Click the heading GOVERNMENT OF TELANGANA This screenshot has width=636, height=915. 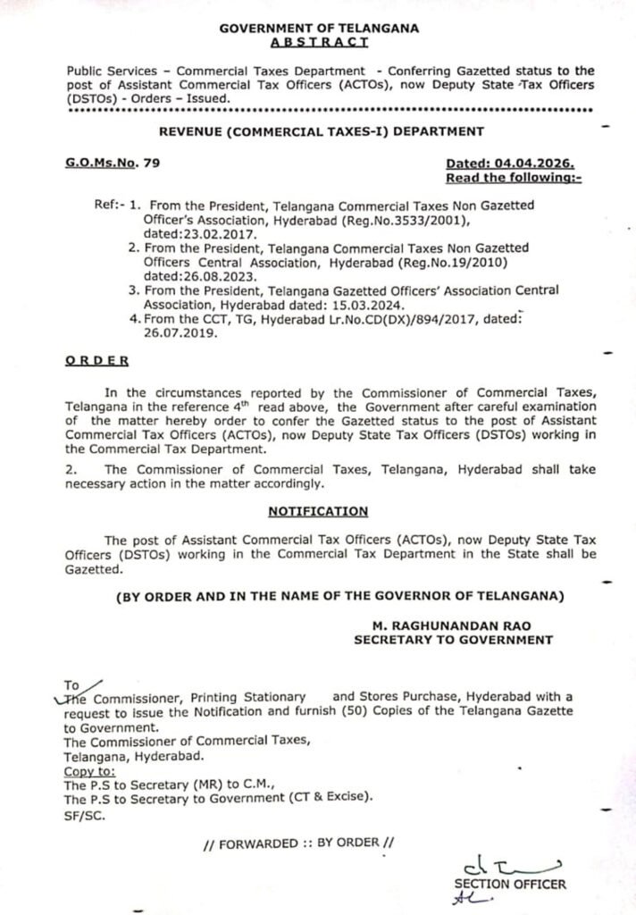pos(319,29)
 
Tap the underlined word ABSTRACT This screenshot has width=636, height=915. pos(319,42)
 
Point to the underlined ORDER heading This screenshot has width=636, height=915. pos(96,359)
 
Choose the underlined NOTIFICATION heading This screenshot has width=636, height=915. pos(318,511)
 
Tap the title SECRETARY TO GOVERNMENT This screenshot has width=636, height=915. pos(453,639)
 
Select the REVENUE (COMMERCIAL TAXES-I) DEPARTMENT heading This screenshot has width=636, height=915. pos(321,131)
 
